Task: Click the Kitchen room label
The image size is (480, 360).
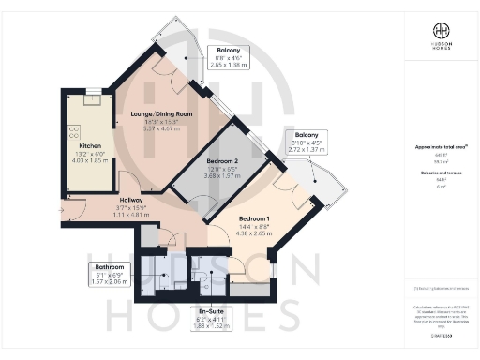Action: (x=90, y=146)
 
